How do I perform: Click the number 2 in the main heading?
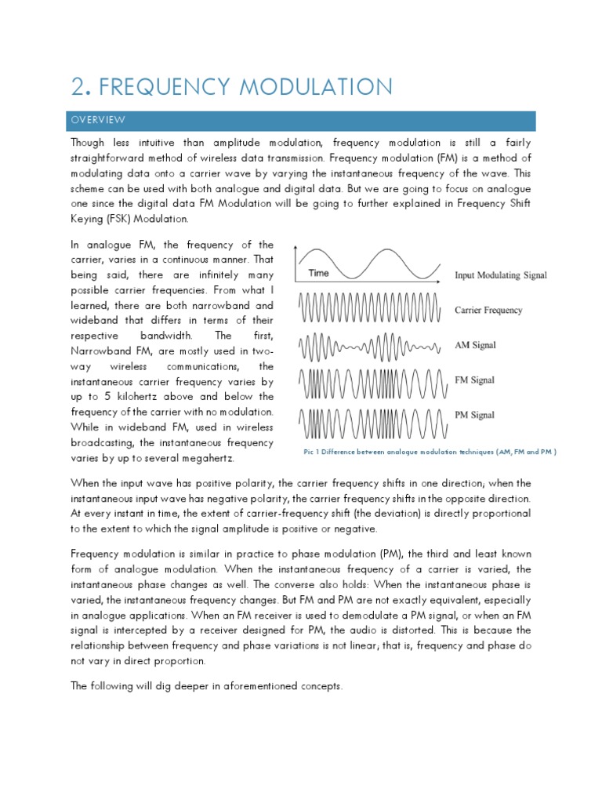(x=77, y=86)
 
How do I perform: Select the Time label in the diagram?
(x=318, y=273)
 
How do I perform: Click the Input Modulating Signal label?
(x=501, y=276)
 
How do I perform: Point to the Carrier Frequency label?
(x=488, y=311)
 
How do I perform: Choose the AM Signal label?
(x=474, y=345)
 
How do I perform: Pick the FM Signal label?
(x=474, y=380)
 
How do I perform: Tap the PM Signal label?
(x=474, y=415)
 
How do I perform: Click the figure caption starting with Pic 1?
(x=430, y=452)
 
